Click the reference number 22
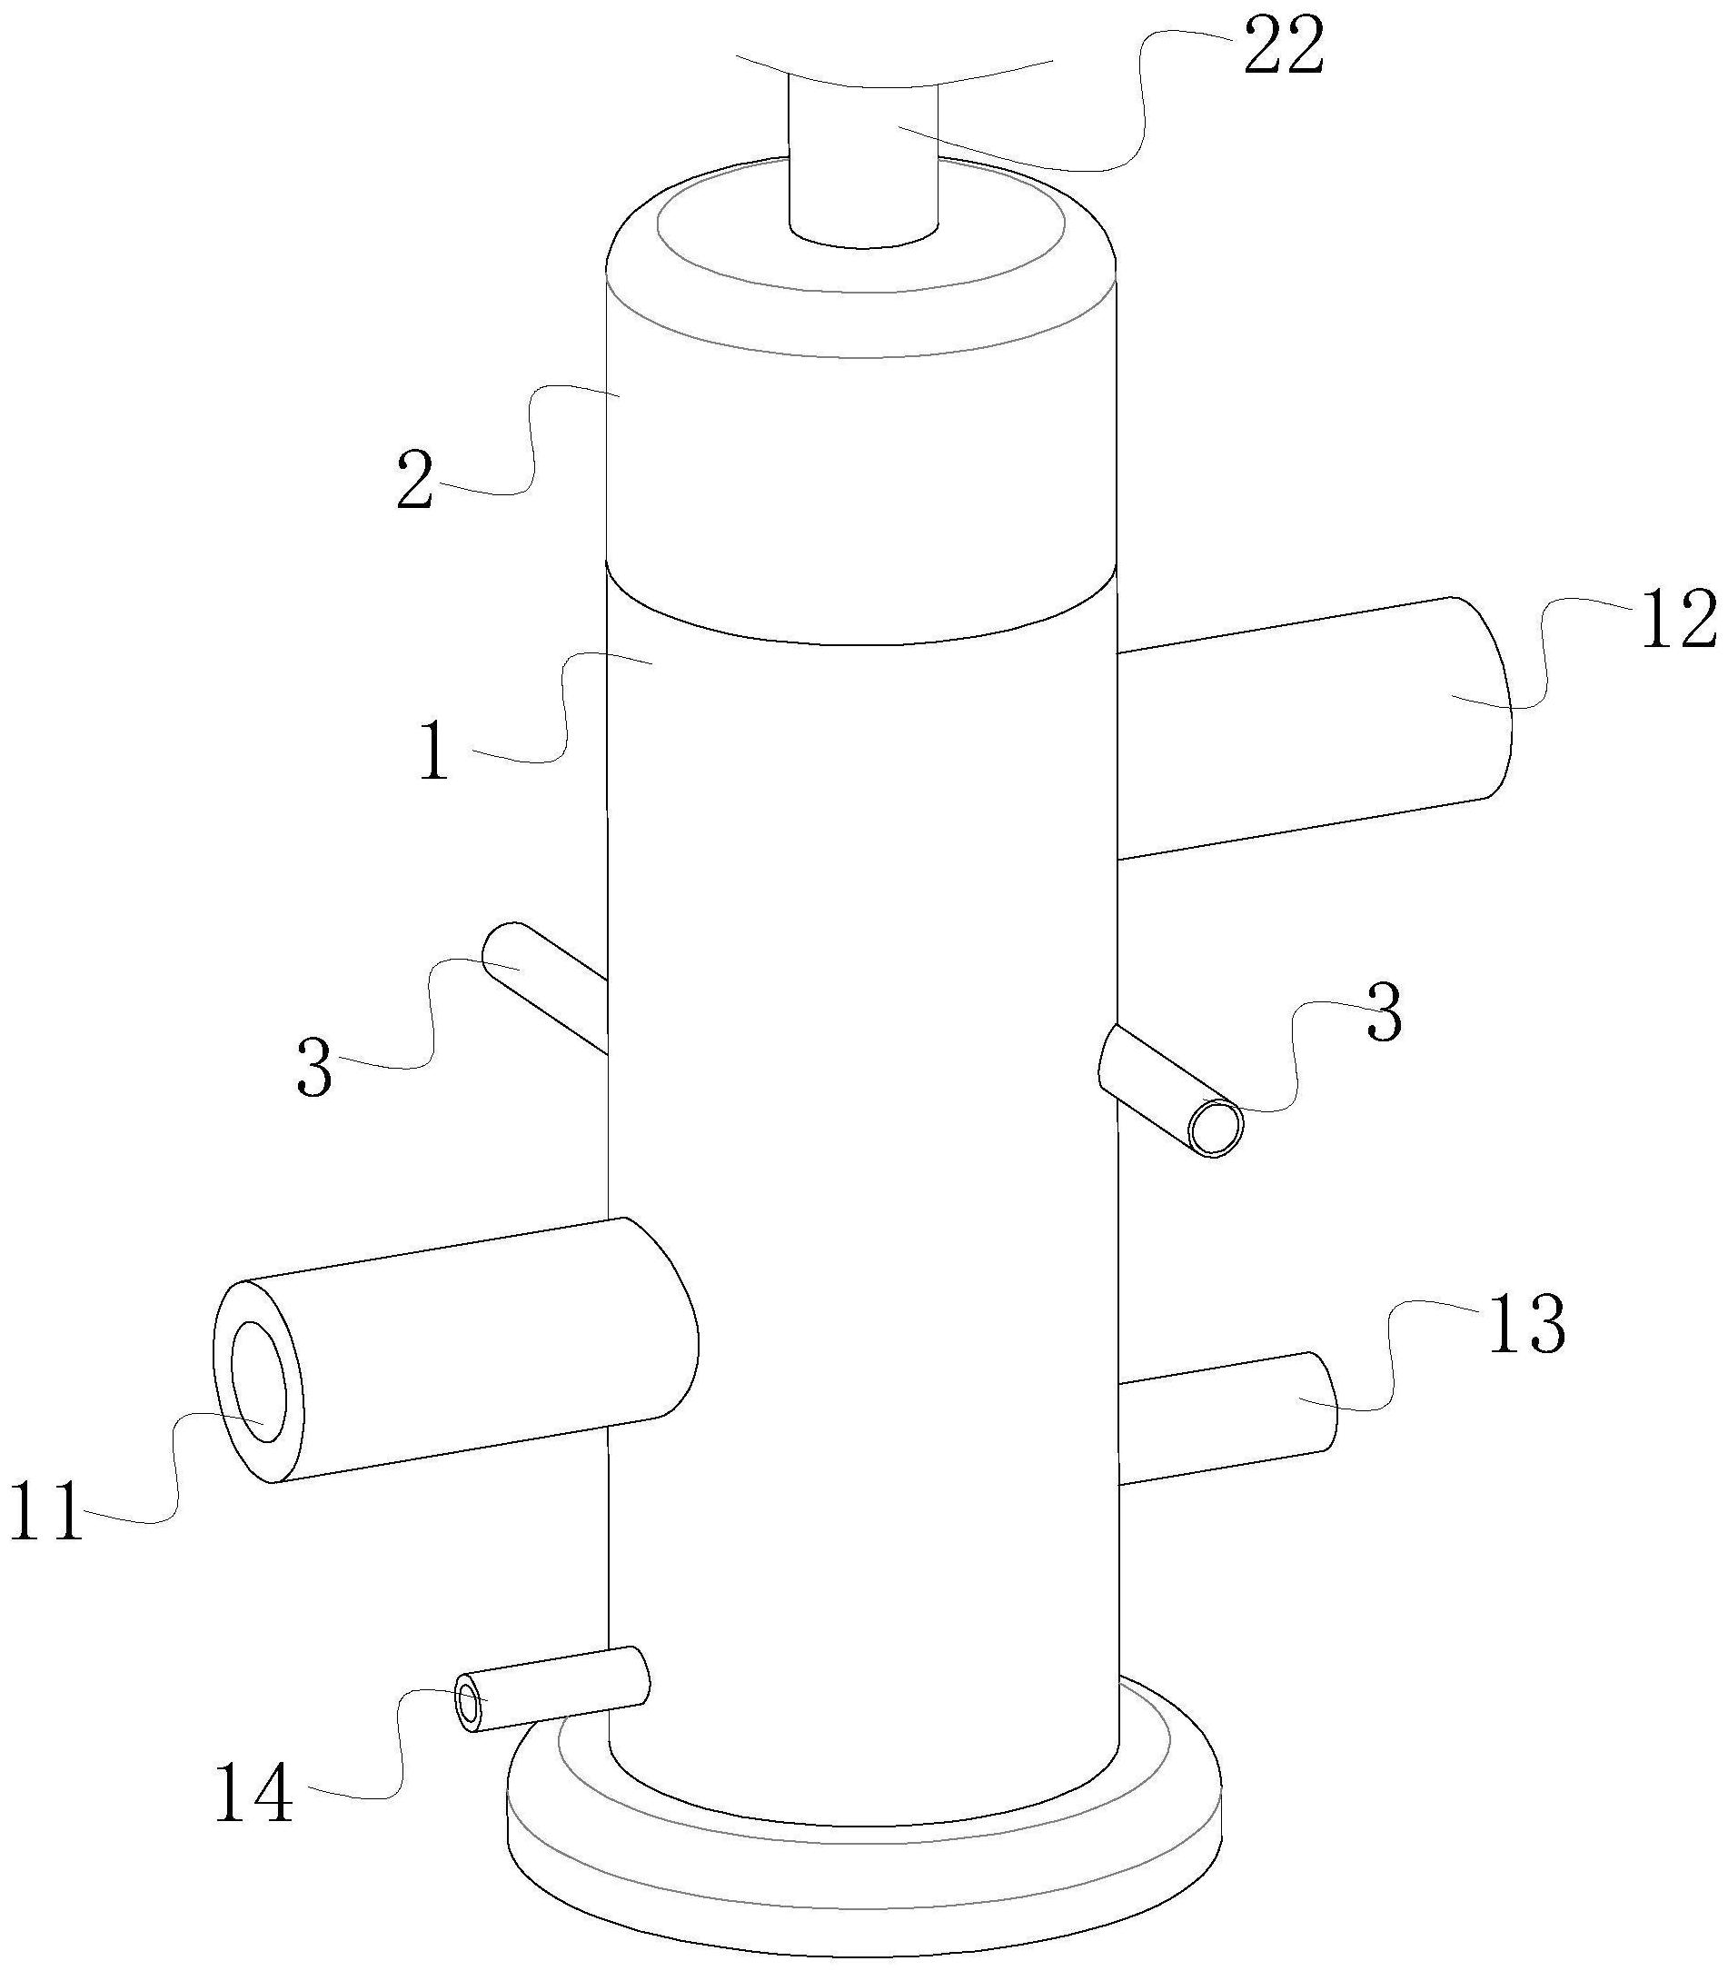tap(1284, 48)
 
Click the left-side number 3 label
tap(314, 1067)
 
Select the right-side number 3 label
tap(1384, 1011)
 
